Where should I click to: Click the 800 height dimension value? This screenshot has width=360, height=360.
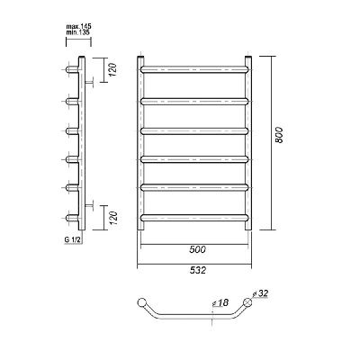tap(279, 135)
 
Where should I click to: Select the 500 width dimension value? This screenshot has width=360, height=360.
tap(198, 249)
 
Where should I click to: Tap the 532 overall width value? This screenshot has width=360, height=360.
tap(198, 270)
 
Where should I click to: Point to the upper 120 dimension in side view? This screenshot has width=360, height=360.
tap(112, 69)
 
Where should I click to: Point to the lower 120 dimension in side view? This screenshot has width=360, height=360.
tap(112, 218)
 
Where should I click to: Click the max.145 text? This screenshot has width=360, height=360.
tap(78, 26)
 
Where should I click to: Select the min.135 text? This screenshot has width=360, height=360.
tap(77, 32)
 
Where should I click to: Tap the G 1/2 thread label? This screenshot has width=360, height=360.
tap(71, 239)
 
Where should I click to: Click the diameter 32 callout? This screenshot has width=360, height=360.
tap(260, 294)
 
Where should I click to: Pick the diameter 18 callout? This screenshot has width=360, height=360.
tap(220, 303)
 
